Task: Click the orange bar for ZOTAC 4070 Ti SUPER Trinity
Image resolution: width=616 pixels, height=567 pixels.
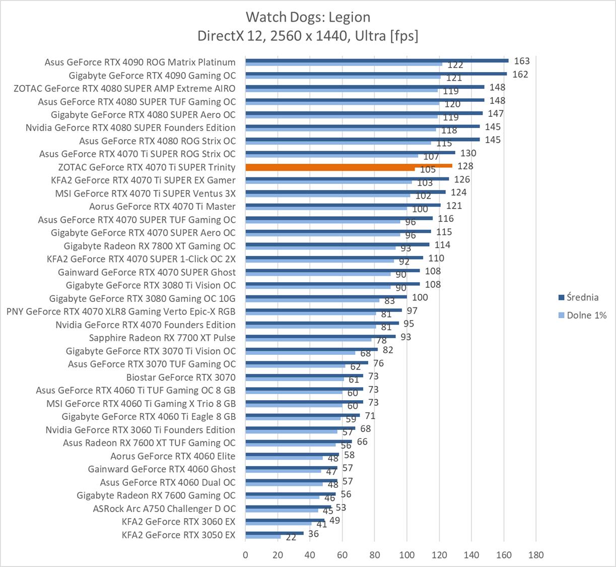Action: [x=349, y=165]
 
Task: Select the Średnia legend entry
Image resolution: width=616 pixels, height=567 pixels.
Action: [x=582, y=297]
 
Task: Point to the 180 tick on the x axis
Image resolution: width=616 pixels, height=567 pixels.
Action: [x=536, y=555]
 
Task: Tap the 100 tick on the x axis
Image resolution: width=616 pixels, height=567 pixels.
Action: [x=406, y=555]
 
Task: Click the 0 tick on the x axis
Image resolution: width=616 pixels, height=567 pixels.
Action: [x=245, y=555]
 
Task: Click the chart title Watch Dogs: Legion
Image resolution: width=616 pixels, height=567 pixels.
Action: [x=308, y=17]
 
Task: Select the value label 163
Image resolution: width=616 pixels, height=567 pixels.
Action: [x=522, y=61]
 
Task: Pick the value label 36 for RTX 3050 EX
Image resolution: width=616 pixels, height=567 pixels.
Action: [x=313, y=533]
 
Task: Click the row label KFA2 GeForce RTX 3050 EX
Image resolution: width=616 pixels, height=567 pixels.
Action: [x=178, y=535]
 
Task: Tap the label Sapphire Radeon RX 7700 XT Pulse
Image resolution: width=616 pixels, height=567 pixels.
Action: [x=162, y=338]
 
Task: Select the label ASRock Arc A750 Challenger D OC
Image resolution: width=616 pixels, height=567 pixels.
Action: [x=164, y=509]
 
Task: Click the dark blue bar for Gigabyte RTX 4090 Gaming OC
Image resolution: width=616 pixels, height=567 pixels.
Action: [x=376, y=74]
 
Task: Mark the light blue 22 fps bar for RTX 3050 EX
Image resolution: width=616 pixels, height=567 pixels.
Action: [x=263, y=537]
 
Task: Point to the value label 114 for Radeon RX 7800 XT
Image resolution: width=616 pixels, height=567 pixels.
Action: [x=442, y=245]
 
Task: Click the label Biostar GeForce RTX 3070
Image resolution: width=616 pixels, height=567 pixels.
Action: [x=181, y=377]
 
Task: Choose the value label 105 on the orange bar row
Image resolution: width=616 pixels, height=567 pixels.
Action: [x=428, y=170]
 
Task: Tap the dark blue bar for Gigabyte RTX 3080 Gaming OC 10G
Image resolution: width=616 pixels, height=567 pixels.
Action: [x=326, y=297]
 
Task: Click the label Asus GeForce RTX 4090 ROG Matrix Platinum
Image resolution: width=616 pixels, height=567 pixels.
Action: [x=140, y=62]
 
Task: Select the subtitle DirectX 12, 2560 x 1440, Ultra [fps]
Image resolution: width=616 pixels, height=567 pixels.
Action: [x=308, y=36]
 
